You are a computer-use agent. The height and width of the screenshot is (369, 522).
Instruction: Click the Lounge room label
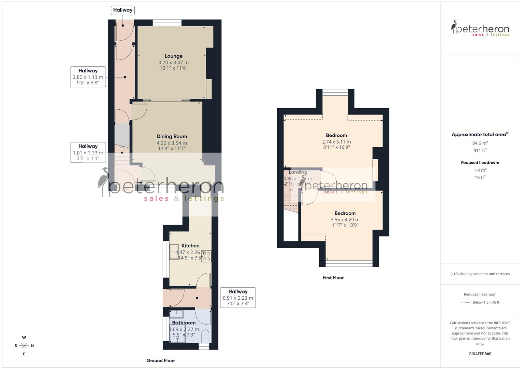[x=173, y=56]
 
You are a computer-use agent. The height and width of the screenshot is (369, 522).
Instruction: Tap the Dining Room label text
[x=172, y=136]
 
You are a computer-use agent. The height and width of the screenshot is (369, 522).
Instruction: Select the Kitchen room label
[x=190, y=246]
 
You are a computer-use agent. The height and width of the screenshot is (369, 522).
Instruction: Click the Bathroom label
[x=184, y=323]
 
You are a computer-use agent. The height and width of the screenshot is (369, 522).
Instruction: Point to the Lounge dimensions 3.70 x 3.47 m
[x=173, y=63]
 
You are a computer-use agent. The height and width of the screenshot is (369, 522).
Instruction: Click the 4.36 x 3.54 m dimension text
[x=172, y=143]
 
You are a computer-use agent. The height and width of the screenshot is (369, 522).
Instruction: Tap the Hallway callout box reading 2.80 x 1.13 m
[x=88, y=77]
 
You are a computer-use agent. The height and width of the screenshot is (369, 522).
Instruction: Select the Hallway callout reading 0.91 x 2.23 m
[x=238, y=297]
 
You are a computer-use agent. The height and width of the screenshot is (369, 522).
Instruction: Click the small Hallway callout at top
[x=123, y=10]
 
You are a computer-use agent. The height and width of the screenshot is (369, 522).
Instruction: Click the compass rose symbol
[x=24, y=346]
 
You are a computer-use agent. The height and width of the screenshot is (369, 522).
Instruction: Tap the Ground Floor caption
[x=161, y=360]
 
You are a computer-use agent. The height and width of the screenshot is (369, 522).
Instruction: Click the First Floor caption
[x=333, y=277]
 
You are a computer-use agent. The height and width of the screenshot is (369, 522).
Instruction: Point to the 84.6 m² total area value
[x=480, y=143]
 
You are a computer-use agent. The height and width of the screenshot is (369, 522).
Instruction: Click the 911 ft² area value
[x=480, y=150]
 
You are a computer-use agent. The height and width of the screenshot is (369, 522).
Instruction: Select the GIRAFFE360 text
[x=480, y=354]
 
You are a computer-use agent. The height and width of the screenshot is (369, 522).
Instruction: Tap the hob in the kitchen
[x=206, y=256]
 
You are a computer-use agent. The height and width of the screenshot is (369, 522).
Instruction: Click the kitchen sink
[x=174, y=252]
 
